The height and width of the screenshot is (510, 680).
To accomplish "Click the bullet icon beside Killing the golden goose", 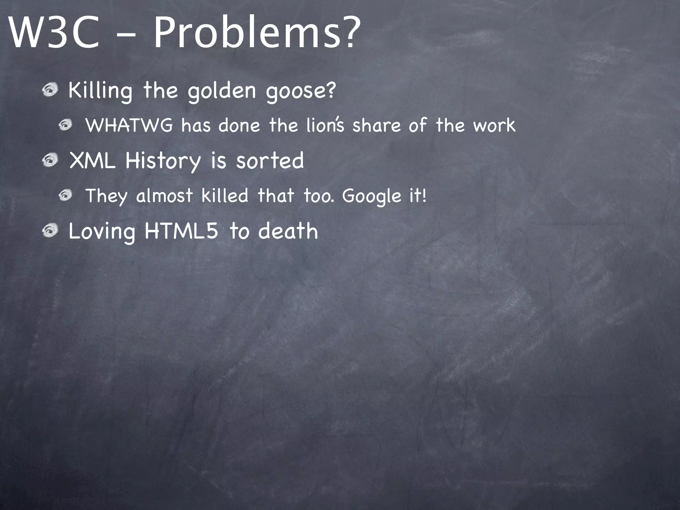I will (50, 91).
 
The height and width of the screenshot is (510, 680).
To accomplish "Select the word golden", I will (222, 91).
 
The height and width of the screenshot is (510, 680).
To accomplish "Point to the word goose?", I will (301, 91).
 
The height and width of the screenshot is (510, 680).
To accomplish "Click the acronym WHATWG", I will (129, 126).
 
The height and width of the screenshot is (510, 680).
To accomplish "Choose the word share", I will (376, 126).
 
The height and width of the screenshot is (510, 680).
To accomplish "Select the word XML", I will (92, 161).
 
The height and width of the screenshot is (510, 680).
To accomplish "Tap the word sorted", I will (270, 161).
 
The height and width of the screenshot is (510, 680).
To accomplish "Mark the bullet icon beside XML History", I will (50, 161).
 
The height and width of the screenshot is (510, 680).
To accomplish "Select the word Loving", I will (102, 231).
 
